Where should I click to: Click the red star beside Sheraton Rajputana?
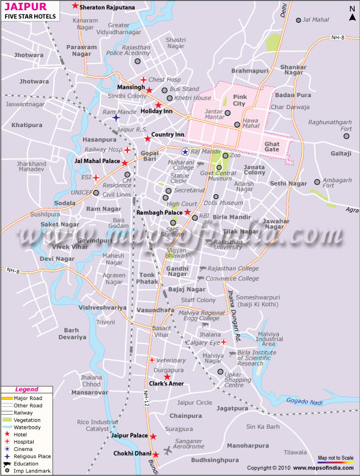pos(75,6)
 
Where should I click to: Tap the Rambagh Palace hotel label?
pos(160,212)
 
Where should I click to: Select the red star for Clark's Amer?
pos(167,376)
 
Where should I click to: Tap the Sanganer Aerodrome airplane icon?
pos(167,451)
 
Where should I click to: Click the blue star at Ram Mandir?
pos(116,118)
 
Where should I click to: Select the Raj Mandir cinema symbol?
pos(185,152)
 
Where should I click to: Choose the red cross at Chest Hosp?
pos(143,80)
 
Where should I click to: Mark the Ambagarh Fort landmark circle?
pos(317,182)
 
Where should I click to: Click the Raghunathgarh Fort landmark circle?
pos(346,137)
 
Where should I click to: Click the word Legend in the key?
pos(26,390)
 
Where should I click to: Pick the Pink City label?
pos(239,100)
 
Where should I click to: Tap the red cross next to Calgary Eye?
pos(223,342)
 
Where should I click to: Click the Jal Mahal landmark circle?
pos(298,20)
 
